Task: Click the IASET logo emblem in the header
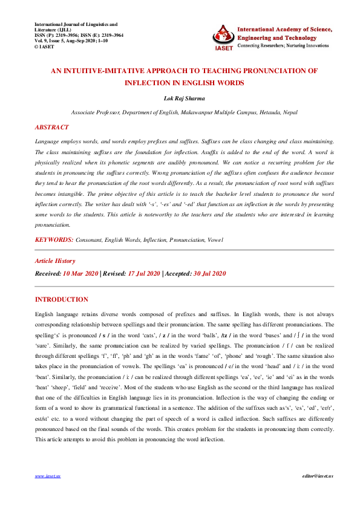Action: [223, 37]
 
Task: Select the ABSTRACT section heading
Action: [51, 128]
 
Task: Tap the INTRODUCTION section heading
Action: [62, 299]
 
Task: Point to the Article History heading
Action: [55, 261]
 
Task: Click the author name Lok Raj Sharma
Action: [180, 97]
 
